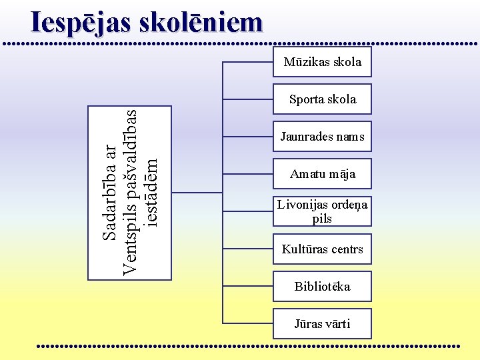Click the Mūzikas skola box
click(323, 62)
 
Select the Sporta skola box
click(323, 99)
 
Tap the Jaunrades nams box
click(323, 137)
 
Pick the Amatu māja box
click(323, 174)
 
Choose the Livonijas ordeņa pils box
click(323, 211)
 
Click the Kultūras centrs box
click(323, 249)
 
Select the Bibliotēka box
click(323, 287)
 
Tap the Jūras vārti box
click(323, 324)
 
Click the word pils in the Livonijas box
click(323, 218)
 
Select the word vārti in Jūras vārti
click(337, 324)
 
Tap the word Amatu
click(307, 174)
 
